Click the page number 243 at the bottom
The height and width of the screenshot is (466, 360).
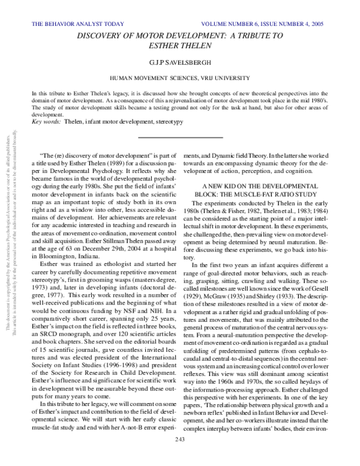180,457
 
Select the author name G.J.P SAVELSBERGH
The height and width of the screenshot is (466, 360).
180,61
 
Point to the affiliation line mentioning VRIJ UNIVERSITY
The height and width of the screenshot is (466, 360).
180,79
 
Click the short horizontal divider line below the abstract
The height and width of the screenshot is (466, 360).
180,138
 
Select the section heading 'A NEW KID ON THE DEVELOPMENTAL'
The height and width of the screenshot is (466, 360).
259,186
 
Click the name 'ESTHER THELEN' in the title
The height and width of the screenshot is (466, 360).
180,45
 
